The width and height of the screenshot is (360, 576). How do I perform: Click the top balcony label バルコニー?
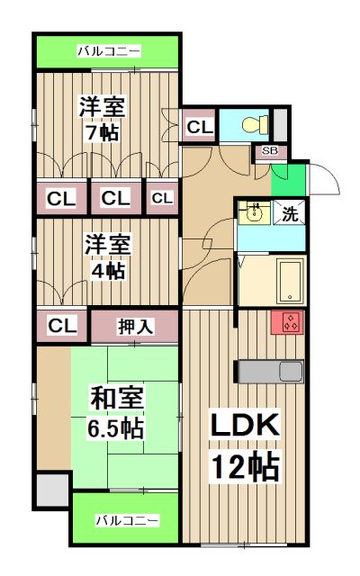click(108, 51)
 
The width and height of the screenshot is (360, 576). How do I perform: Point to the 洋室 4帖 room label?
click(107, 256)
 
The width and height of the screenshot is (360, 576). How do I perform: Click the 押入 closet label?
click(136, 326)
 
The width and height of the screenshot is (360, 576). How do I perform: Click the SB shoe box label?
click(269, 151)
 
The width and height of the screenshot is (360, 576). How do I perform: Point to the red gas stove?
click(290, 323)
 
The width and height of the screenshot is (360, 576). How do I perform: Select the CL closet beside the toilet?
click(199, 128)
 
